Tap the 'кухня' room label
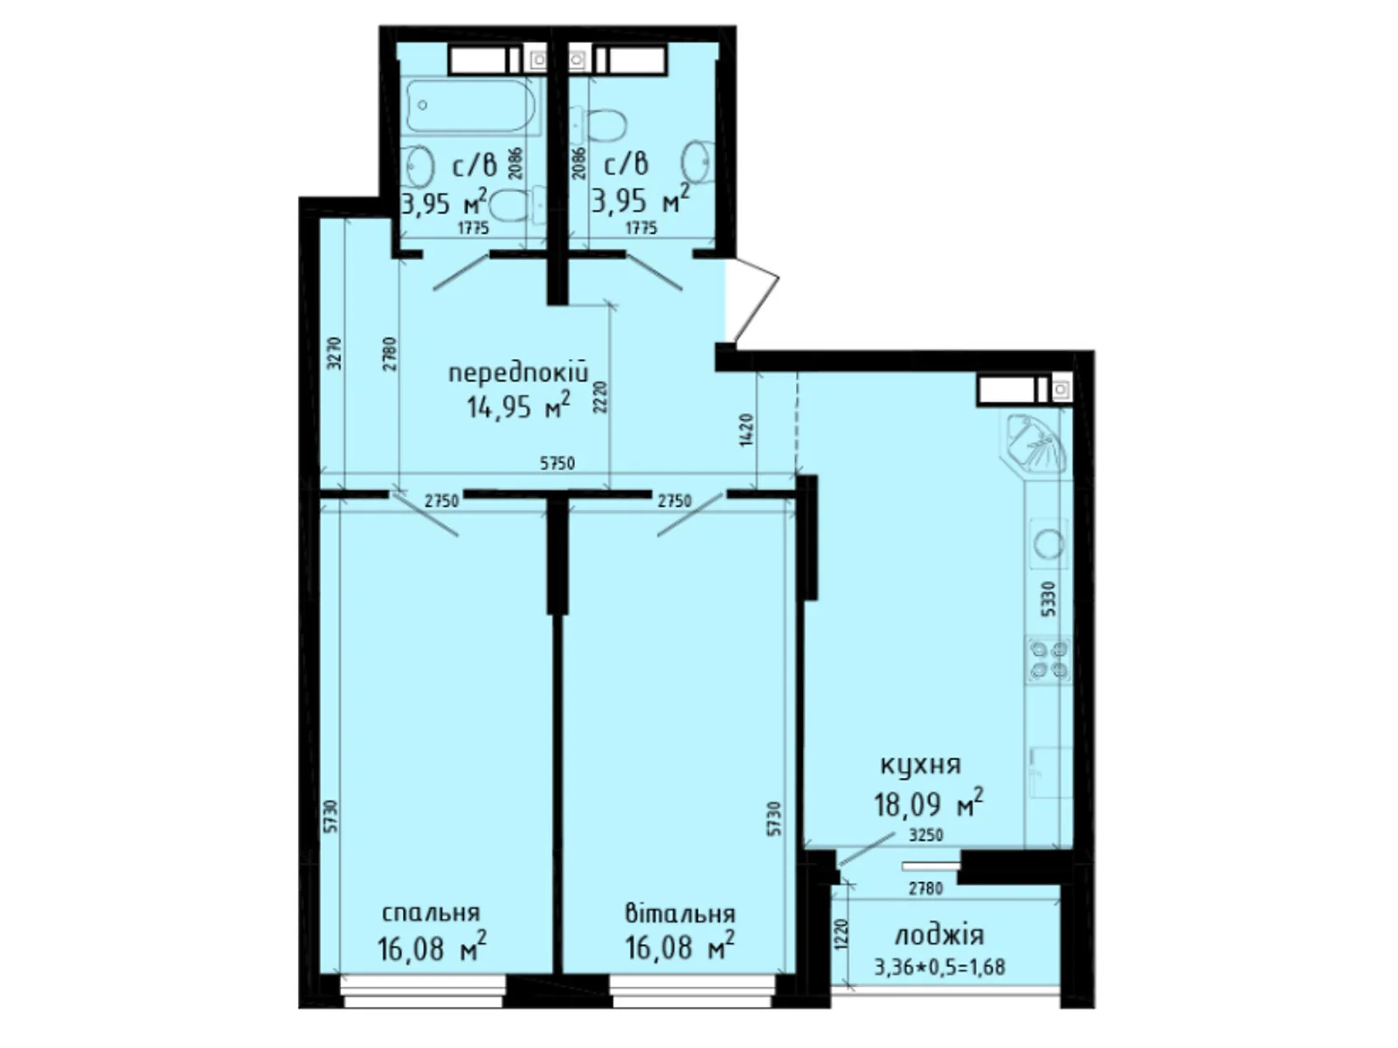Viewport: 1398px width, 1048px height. tap(920, 765)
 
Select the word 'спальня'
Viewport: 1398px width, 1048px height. tap(431, 914)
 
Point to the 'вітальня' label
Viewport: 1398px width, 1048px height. tap(680, 914)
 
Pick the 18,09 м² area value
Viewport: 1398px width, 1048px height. tap(928, 803)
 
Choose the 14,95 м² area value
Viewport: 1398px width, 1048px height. tap(518, 405)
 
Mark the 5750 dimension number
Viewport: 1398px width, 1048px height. tap(557, 463)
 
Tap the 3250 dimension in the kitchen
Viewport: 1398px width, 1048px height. tap(925, 835)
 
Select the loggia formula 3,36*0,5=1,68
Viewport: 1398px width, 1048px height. tap(939, 967)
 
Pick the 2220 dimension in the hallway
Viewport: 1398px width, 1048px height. tap(601, 397)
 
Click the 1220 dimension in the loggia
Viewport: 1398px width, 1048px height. tap(842, 934)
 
